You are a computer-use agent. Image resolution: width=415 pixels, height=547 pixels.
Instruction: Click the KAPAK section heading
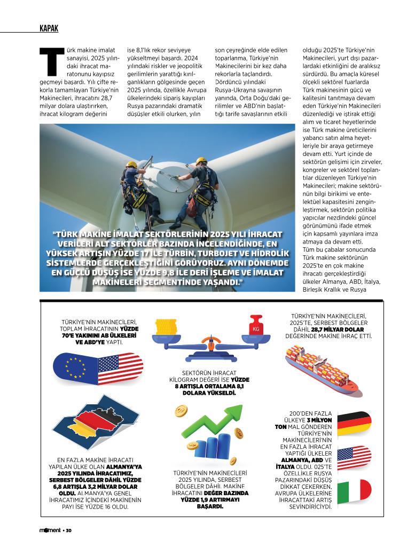pos(49,28)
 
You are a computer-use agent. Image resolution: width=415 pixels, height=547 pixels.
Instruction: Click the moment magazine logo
pos(50,530)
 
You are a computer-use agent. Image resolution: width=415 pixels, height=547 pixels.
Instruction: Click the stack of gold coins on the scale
pos(166,326)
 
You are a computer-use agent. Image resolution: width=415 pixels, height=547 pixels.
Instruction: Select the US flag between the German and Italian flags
pos(354,457)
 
